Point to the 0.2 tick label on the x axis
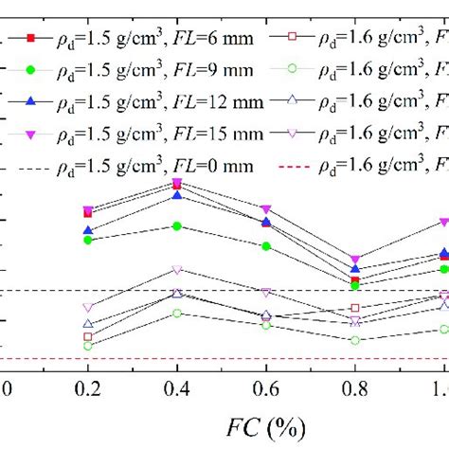tap(88, 387)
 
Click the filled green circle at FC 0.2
tap(88, 240)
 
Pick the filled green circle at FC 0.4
tap(177, 225)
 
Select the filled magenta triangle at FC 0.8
tap(355, 260)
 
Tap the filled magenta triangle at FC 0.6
tap(266, 208)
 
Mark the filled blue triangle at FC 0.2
tap(88, 230)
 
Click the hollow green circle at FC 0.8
tap(355, 340)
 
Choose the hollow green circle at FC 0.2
tap(88, 346)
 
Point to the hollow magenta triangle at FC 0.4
tap(177, 270)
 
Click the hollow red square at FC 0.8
tap(355, 308)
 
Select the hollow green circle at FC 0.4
tap(177, 313)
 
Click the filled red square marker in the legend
tap(30, 38)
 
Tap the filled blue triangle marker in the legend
tap(30, 100)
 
